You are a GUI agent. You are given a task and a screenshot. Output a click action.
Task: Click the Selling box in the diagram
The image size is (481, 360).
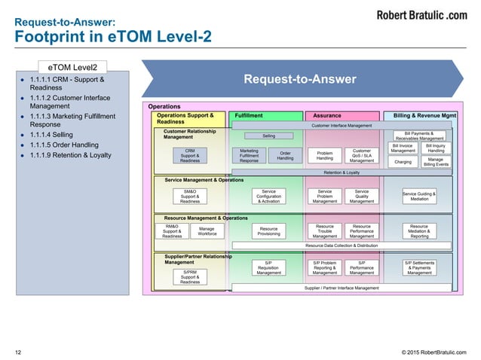pos(269,136)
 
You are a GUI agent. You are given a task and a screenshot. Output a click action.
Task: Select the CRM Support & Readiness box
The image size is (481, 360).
pos(190,156)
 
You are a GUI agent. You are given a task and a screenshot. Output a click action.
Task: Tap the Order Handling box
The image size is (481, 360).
pos(285,156)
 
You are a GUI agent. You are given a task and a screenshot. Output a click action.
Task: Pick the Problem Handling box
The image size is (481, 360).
pos(325,156)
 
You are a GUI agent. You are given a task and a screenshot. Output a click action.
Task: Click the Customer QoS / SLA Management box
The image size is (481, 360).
pos(362,156)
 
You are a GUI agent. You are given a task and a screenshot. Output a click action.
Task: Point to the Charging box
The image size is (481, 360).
pos(403,161)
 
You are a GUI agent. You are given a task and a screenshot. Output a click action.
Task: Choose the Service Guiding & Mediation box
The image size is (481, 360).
pos(419,196)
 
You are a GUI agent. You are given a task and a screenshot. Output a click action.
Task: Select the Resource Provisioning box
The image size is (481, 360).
pos(269,231)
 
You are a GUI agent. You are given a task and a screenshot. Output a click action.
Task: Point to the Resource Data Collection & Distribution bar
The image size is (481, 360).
pos(342,246)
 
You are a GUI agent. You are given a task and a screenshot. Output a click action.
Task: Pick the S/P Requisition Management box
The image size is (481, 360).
pos(269,267)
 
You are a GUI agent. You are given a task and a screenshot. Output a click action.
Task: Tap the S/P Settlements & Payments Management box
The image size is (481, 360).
pos(419,267)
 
